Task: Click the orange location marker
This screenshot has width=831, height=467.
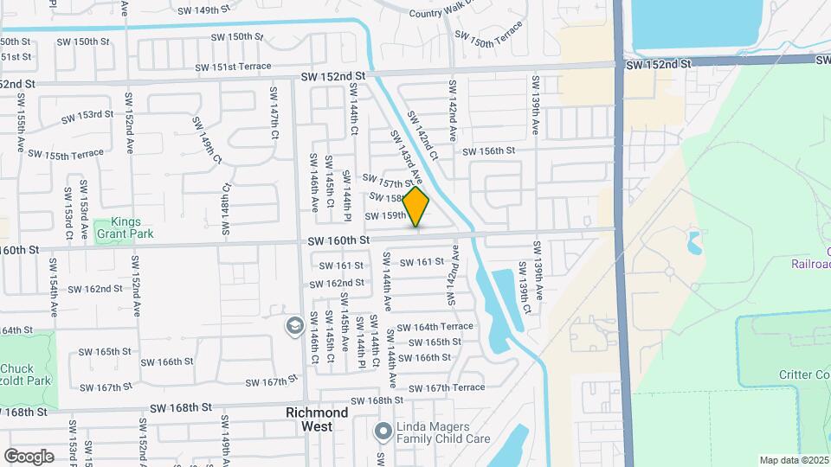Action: coord(416,208)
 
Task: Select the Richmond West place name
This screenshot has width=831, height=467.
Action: coord(317,419)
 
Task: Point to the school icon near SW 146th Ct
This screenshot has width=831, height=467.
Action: coord(294,325)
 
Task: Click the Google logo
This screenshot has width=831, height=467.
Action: coord(29,456)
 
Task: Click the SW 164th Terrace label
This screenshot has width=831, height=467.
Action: coord(436,327)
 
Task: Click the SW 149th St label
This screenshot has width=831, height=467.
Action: coord(204,10)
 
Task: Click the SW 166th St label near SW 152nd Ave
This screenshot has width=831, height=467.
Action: coord(166,362)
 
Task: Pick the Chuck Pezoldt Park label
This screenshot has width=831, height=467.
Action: coord(26,374)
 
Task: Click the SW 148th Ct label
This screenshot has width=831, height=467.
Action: coord(225,210)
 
